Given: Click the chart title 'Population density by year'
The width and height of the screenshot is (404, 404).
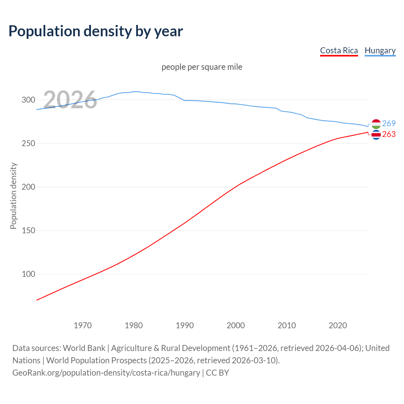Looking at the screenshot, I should [96, 31].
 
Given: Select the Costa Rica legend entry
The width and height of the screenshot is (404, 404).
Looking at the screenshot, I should [339, 50].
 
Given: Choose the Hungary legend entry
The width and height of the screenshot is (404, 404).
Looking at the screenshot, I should [380, 50].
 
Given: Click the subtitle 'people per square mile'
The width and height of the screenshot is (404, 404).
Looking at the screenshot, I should [202, 67].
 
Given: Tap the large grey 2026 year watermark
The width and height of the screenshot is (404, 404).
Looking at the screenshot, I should [70, 100].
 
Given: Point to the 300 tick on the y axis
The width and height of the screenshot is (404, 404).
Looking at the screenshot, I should [28, 100].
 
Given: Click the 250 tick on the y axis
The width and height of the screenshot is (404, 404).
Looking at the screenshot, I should [28, 143].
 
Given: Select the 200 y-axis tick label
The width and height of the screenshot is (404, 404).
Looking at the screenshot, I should [28, 187].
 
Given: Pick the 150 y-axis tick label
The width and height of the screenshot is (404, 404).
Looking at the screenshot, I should [28, 230].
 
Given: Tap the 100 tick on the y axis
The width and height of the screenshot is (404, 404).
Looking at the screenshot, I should [28, 274].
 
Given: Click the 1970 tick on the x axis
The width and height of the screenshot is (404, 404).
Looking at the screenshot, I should [83, 325].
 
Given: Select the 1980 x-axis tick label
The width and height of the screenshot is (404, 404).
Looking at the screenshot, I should [134, 325].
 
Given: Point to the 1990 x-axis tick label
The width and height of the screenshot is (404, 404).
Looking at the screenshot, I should [185, 325].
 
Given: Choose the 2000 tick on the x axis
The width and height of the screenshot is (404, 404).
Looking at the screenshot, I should [236, 325].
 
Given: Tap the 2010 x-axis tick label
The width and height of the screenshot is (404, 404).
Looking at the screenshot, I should [287, 325].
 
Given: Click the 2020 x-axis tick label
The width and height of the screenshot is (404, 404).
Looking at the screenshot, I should [338, 325].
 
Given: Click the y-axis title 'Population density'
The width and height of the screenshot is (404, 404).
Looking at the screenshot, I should [13, 196].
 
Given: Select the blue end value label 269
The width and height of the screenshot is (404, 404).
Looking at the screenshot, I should [389, 123].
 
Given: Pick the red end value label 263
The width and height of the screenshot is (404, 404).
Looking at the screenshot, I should [389, 134].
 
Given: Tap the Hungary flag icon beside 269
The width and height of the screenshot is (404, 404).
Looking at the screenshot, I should [376, 124].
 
